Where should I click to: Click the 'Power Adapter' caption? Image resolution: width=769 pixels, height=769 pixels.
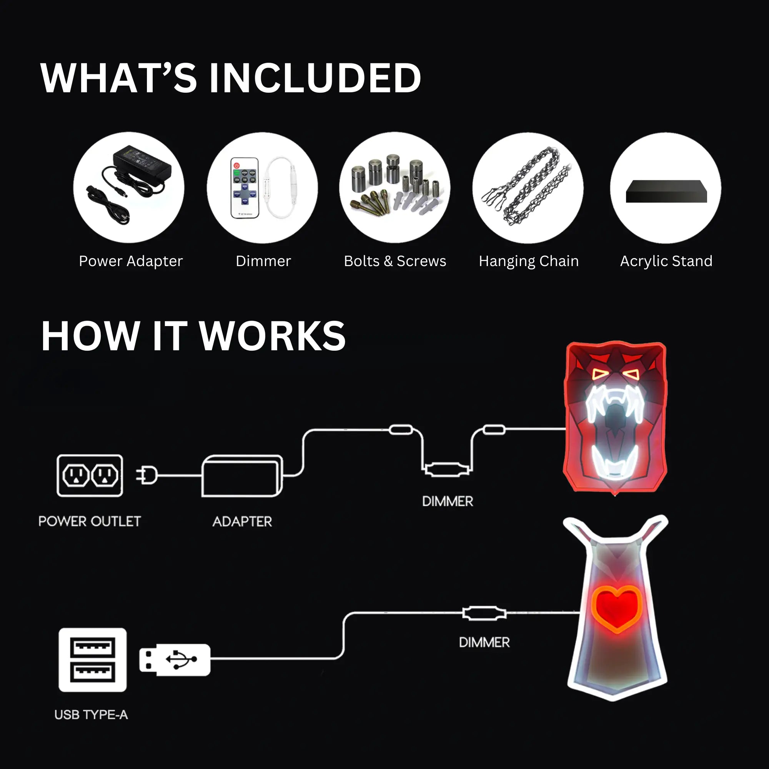point(131,261)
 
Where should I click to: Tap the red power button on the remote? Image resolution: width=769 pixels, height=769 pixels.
point(236,165)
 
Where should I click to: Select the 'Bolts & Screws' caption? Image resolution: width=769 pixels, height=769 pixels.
point(395,261)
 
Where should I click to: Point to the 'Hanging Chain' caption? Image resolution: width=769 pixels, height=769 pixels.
point(529,261)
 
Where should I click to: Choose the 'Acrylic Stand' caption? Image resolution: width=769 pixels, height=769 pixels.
point(666,261)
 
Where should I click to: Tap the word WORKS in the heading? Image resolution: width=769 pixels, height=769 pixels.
point(272,336)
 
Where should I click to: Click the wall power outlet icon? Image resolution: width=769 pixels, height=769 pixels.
point(90,476)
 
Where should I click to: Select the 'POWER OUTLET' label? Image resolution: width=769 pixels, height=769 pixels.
point(90,521)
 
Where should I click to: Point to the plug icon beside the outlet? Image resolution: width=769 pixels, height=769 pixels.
point(146,475)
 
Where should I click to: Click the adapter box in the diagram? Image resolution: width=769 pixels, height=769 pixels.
point(242,476)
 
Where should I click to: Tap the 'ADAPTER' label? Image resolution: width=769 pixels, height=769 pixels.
point(242,521)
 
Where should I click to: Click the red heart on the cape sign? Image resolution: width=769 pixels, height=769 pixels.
point(616,607)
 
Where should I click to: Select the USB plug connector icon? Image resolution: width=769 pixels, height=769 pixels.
point(174,659)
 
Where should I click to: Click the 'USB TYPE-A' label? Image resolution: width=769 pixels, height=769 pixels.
point(91,715)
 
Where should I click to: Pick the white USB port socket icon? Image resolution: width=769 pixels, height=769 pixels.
point(92,659)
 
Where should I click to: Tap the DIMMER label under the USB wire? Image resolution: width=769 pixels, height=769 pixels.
point(484,642)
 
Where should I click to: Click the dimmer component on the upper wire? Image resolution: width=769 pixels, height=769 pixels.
point(446,470)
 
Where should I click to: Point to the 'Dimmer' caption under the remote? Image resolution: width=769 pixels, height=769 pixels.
point(263,261)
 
